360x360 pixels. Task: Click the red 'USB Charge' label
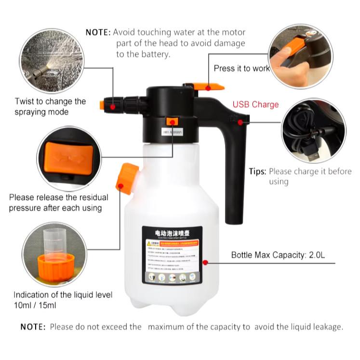(255, 104)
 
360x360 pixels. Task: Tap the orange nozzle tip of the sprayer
(103, 105)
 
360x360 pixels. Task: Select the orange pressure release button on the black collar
(171, 121)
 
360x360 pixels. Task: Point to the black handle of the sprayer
(235, 164)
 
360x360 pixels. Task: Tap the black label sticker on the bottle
(171, 255)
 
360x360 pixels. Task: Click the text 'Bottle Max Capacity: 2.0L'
(278, 255)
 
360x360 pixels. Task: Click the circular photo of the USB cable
(314, 131)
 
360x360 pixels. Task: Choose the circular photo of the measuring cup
(54, 254)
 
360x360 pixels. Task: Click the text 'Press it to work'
(241, 68)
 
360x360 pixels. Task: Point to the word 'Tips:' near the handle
(257, 171)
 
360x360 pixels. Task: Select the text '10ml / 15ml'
(35, 305)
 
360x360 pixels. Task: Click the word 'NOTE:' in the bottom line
(33, 327)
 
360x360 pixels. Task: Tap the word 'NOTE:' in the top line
(98, 32)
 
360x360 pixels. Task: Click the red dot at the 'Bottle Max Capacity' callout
(205, 263)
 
